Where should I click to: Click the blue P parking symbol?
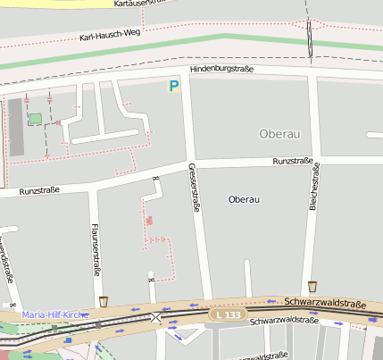tap(174, 87)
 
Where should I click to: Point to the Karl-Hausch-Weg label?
tap(110, 37)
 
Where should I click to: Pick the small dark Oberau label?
tap(244, 198)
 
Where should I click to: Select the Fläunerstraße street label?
tap(94, 247)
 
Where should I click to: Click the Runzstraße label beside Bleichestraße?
tap(292, 162)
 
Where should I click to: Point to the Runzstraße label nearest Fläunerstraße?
tap(38, 191)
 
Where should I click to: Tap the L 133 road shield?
tap(228, 314)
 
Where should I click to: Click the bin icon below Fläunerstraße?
tap(104, 301)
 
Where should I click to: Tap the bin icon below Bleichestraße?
tap(312, 286)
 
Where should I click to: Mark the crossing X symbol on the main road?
tap(157, 317)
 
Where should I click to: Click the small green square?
tap(35, 119)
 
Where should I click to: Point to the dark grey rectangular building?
tap(15, 125)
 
